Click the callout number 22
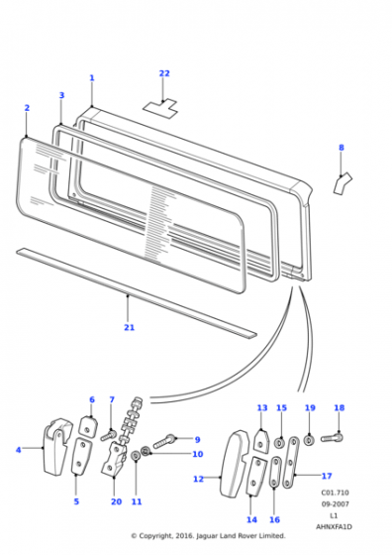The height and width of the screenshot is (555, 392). [x=164, y=73]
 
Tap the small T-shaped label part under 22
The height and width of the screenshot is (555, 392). [x=160, y=108]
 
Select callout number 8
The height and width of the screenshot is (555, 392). [x=342, y=148]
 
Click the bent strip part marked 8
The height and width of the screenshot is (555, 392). [x=343, y=183]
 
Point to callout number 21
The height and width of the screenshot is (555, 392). [x=130, y=327]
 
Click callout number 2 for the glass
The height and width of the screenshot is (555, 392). [x=27, y=108]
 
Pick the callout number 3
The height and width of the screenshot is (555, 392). [x=61, y=95]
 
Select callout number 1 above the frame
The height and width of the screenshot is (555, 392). [x=92, y=78]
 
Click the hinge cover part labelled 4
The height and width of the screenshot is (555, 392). [x=56, y=446]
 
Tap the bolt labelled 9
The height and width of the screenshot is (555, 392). [x=164, y=441]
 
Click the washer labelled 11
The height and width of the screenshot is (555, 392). [x=136, y=456]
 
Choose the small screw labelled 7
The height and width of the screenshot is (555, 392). [x=109, y=435]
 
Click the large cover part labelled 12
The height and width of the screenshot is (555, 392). [x=234, y=464]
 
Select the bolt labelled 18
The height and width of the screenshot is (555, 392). [x=332, y=438]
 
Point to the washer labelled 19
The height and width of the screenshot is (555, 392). [x=309, y=441]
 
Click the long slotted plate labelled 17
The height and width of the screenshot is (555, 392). [x=289, y=463]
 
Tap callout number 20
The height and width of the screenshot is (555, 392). [x=116, y=501]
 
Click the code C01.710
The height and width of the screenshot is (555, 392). [x=335, y=493]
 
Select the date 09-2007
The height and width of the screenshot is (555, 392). [x=335, y=504]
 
